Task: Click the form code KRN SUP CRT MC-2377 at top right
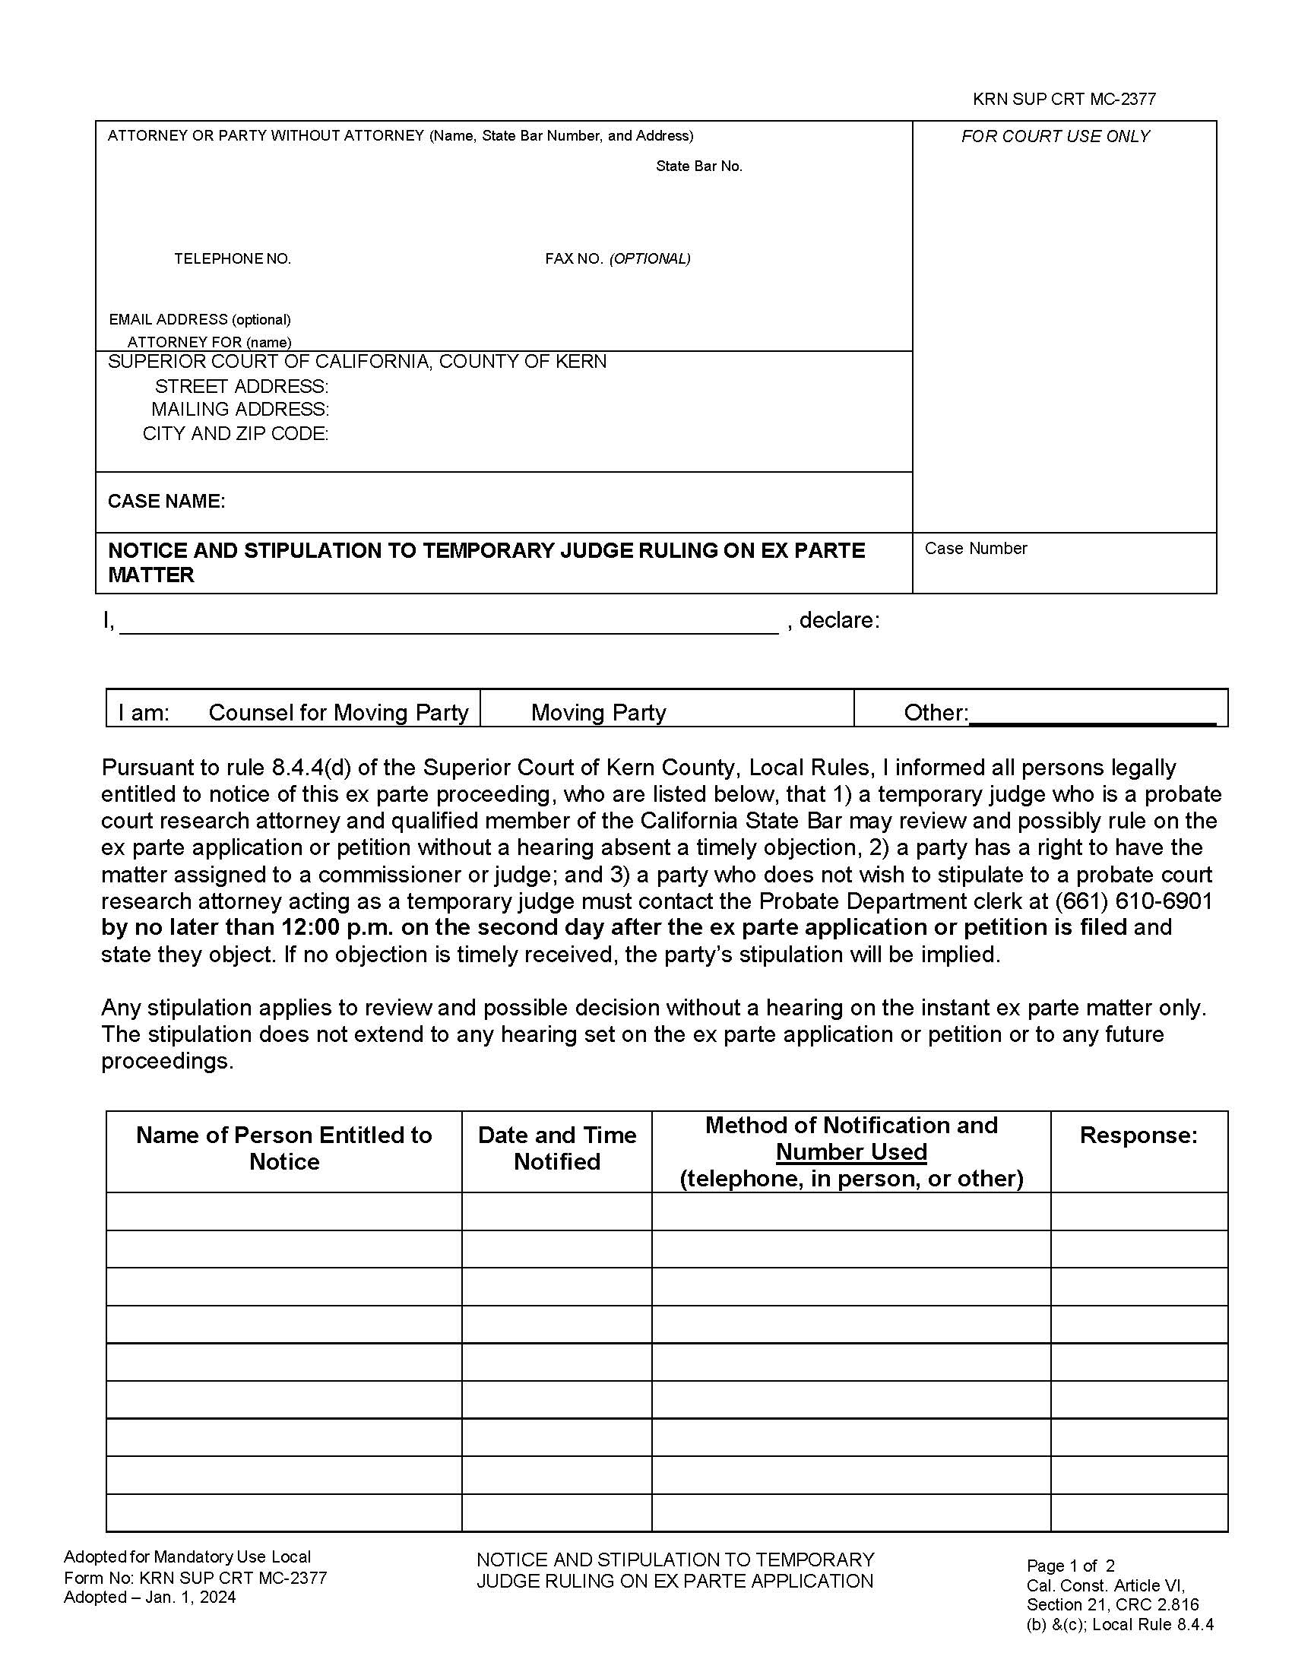tap(1063, 99)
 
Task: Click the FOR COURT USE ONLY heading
tap(1055, 136)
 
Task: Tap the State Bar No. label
tap(698, 166)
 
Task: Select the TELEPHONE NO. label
tap(232, 258)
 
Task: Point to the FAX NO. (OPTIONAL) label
tap(617, 258)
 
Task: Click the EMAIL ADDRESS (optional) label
tap(199, 319)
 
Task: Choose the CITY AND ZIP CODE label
tap(235, 433)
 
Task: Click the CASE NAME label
tap(166, 501)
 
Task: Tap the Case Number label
tap(975, 548)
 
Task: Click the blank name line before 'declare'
tap(448, 622)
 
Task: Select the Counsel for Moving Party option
tap(337, 712)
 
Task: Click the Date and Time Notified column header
tap(556, 1148)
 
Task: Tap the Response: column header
tap(1138, 1135)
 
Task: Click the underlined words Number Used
tap(851, 1151)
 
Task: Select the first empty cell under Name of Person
tap(283, 1211)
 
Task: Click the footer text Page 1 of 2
tap(1070, 1566)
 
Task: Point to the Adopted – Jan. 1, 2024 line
tap(149, 1597)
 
